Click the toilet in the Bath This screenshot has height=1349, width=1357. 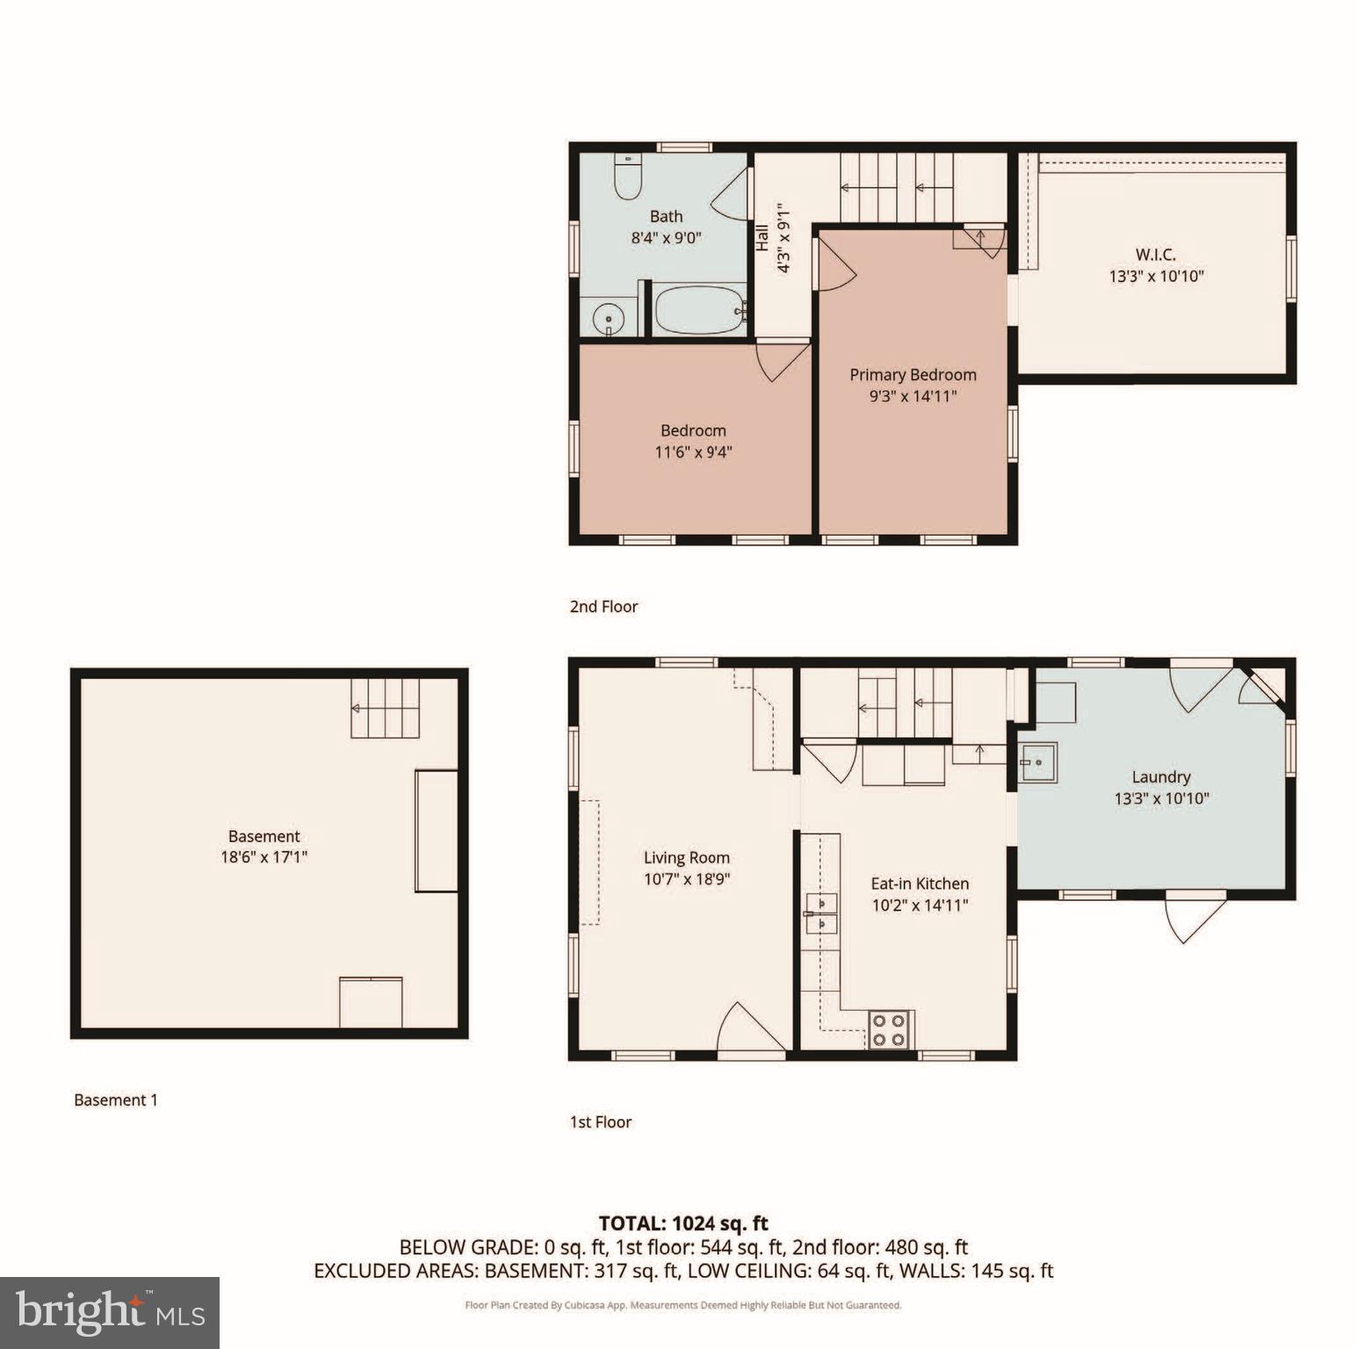click(627, 178)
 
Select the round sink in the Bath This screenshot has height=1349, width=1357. click(608, 318)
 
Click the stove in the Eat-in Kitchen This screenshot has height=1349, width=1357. click(889, 1029)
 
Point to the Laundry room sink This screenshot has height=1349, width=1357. click(1038, 762)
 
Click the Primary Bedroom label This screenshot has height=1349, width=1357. click(913, 375)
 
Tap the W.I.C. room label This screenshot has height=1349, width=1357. click(1155, 255)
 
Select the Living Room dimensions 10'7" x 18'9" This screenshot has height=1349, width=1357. click(687, 879)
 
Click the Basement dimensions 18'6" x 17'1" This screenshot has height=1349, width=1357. click(263, 857)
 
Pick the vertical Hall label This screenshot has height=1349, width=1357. click(762, 237)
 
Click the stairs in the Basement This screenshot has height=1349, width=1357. click(385, 708)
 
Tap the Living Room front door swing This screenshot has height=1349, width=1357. click(750, 1028)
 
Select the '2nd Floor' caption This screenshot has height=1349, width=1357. click(603, 606)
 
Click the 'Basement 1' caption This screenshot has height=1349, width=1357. click(116, 1100)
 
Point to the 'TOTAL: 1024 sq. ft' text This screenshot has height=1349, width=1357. click(682, 1223)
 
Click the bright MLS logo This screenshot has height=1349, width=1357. click(110, 1312)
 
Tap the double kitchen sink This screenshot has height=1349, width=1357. click(820, 913)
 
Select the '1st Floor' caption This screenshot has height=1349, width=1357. click(601, 1122)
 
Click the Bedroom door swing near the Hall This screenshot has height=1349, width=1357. click(782, 361)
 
